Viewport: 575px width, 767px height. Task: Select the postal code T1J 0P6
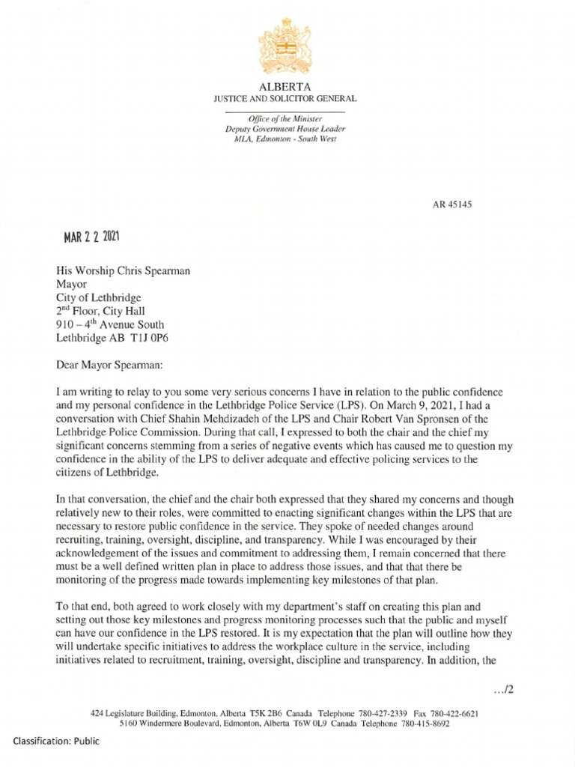point(159,337)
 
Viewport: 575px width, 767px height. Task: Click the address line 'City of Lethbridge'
point(99,297)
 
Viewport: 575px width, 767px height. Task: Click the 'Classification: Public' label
point(55,741)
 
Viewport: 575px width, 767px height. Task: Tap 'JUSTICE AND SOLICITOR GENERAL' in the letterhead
point(285,98)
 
